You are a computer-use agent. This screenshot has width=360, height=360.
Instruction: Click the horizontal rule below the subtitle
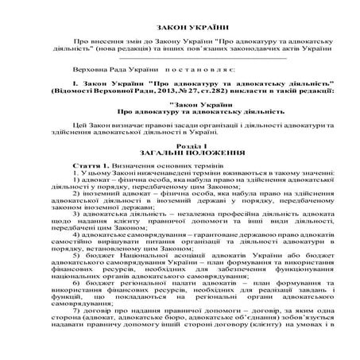180,58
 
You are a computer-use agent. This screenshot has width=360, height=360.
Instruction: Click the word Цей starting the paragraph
77,126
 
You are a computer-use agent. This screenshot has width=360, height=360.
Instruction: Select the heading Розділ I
180,145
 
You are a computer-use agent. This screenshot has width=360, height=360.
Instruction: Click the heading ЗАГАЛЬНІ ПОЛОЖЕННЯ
180,153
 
